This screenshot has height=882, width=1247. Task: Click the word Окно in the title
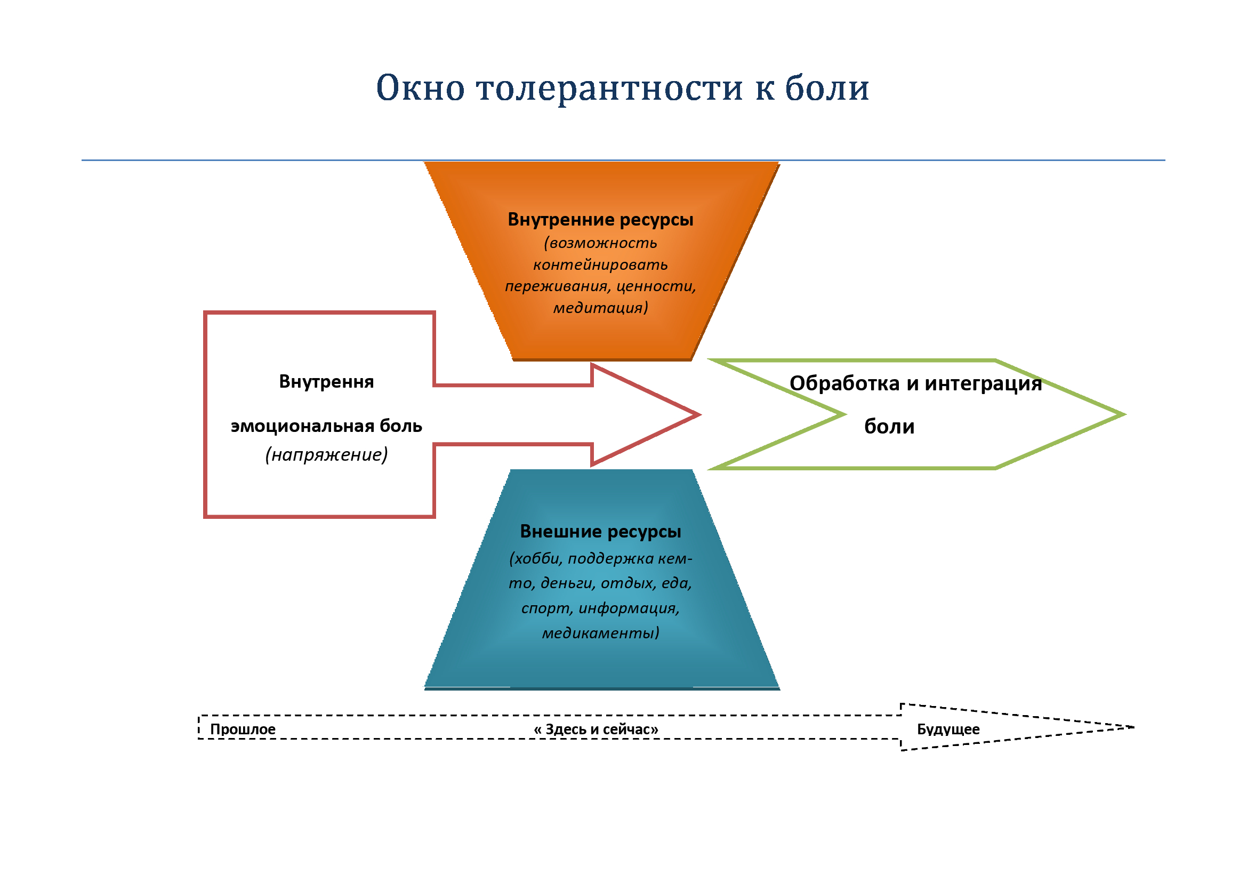[421, 87]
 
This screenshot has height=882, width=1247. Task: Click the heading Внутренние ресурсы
[601, 219]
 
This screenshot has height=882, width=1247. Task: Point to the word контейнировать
[601, 264]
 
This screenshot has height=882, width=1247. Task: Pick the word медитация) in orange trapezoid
[601, 308]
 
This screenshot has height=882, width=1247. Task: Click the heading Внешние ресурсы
[601, 531]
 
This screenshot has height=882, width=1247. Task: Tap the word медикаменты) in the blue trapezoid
[601, 633]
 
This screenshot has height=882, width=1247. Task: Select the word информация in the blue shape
[630, 608]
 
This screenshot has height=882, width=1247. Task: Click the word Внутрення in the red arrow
[326, 382]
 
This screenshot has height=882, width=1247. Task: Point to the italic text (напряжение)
[326, 454]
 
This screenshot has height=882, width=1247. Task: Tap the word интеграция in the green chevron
[984, 384]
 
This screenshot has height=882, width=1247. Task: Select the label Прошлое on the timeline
[243, 729]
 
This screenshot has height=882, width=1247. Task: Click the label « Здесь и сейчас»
[596, 729]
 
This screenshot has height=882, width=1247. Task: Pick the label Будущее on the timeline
[948, 729]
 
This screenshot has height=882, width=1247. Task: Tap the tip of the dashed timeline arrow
[1133, 727]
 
